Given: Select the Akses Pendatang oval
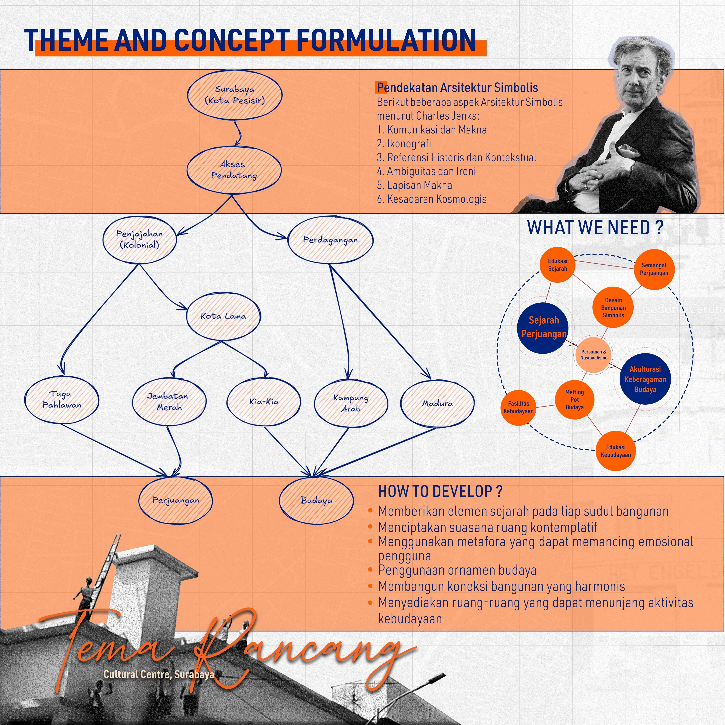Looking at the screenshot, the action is (x=234, y=170).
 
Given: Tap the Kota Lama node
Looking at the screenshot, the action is (x=223, y=316).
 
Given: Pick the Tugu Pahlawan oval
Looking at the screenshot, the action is (x=62, y=400).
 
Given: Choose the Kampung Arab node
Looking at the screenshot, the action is (x=351, y=403).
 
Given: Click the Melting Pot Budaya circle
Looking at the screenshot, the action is (x=575, y=400).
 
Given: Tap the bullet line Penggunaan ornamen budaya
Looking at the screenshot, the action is (x=457, y=570).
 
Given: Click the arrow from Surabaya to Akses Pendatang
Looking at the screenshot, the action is (x=238, y=133).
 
